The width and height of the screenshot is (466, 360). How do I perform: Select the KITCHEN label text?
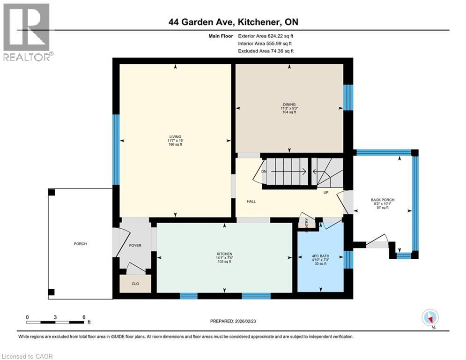coord(225,254)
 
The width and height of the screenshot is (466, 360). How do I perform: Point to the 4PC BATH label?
coord(321,256)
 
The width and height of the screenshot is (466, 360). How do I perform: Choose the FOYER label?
coord(135,246)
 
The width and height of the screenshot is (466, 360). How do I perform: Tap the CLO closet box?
coord(135,283)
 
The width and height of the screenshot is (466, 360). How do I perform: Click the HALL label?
coord(251,202)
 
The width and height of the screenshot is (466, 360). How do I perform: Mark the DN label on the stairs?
coord(264,172)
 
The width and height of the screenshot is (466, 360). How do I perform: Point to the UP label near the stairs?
coord(325,192)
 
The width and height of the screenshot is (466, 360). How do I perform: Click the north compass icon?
coord(430,319)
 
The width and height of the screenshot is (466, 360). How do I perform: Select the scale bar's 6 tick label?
coord(84,317)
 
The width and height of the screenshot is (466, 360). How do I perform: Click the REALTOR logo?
coord(27,32)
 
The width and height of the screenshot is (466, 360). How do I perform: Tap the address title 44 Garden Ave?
coord(233,22)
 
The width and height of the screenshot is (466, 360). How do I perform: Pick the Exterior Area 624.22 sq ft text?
coord(266,36)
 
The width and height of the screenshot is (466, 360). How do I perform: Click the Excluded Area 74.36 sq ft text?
coord(266,51)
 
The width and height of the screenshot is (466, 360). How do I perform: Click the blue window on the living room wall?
coord(115,150)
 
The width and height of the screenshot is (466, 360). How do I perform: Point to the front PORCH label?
coord(80,244)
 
